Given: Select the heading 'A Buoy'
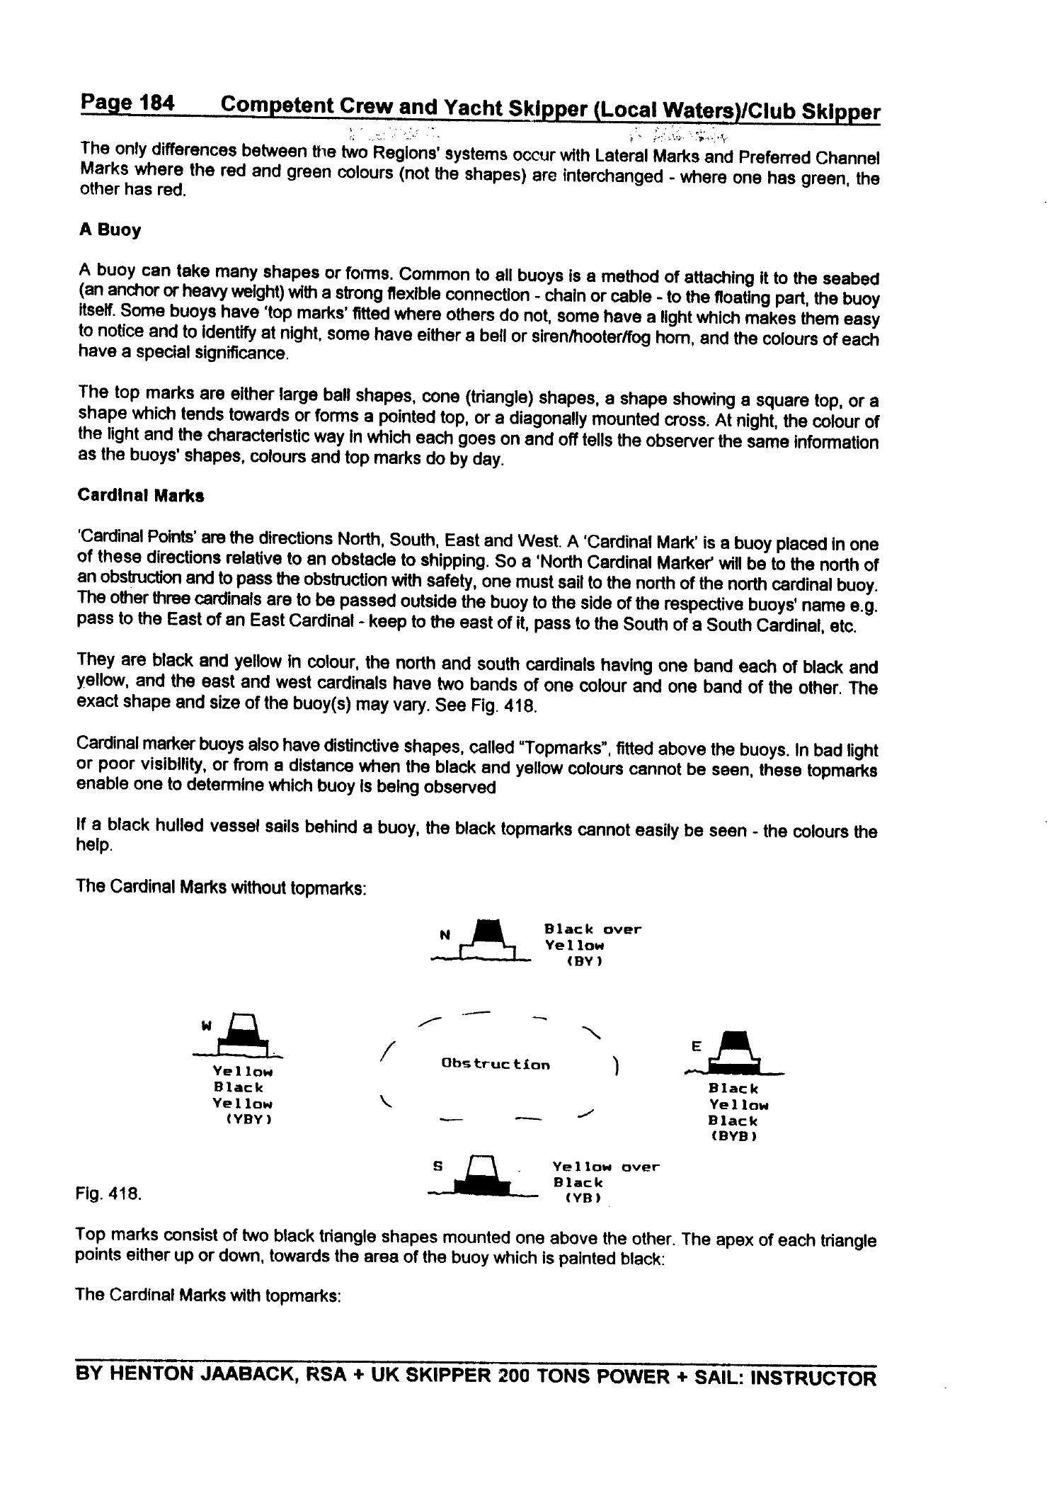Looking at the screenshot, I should [x=110, y=230].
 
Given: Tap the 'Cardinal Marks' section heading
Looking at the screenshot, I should [x=141, y=496].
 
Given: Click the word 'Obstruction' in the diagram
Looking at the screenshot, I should [x=495, y=1064].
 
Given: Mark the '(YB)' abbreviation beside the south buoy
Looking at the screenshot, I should [x=583, y=1198].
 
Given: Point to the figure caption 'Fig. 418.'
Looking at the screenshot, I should [x=108, y=1194].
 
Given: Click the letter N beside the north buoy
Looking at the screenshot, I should [x=445, y=935].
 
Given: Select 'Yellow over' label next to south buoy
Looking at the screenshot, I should [x=606, y=1166].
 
